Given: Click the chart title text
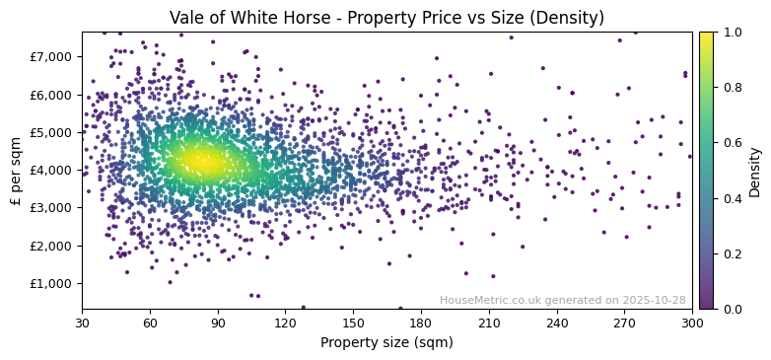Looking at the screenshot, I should click(386, 18).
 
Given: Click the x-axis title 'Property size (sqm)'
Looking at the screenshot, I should click(386, 343).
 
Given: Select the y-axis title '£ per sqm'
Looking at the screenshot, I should click(16, 171).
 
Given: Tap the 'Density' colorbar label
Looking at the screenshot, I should click(754, 171).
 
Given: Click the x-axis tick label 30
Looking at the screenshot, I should click(82, 323).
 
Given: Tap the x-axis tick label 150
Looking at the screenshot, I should click(353, 323).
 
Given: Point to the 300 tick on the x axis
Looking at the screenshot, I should click(692, 323).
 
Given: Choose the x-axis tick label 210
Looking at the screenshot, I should click(489, 323).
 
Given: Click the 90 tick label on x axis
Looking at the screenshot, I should click(218, 323).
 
